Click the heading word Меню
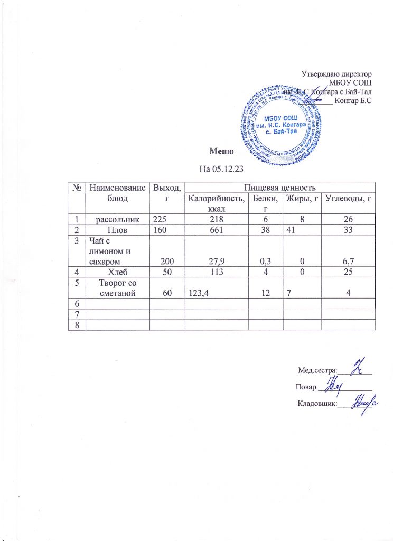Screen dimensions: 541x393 [x=221, y=152]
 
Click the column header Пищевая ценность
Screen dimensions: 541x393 [x=279, y=186]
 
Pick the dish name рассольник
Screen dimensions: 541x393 [x=117, y=218]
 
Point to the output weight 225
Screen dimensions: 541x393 [x=160, y=218]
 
